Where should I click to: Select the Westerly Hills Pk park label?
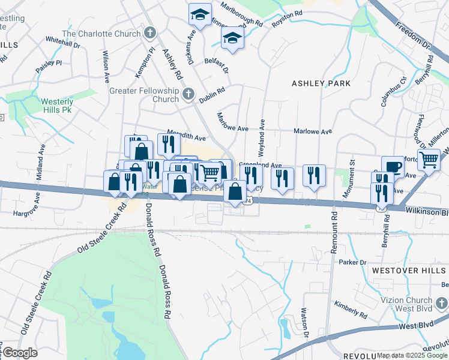(56, 106)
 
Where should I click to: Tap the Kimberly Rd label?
(351, 310)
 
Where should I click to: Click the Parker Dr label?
(352, 262)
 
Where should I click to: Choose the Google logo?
(20, 353)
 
